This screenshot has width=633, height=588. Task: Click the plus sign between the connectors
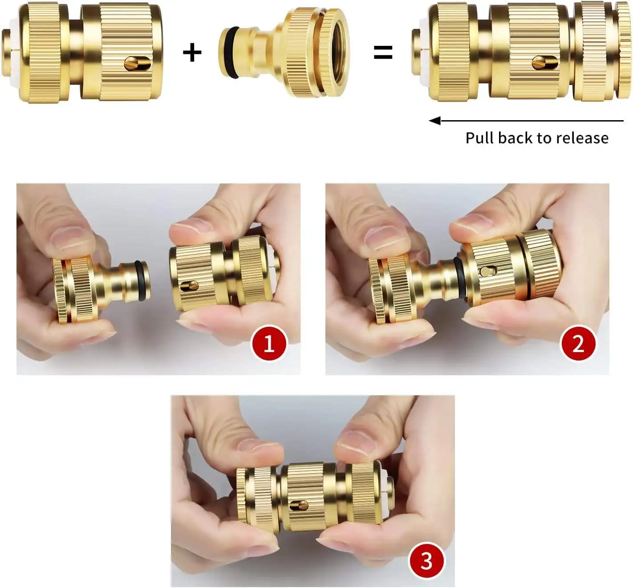[x=192, y=53]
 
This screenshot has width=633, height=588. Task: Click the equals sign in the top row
[x=383, y=53]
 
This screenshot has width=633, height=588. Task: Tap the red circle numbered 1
[x=269, y=344]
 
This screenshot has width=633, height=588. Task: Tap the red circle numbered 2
[x=578, y=344]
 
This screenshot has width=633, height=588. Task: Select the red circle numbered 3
[x=426, y=560]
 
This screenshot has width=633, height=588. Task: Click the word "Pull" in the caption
[x=480, y=138]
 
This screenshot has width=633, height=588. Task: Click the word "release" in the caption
[x=582, y=138]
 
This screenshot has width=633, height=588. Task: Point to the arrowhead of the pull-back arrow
[x=434, y=121]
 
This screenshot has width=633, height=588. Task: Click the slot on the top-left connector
[x=137, y=63]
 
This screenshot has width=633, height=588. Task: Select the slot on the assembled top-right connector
[x=545, y=63]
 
